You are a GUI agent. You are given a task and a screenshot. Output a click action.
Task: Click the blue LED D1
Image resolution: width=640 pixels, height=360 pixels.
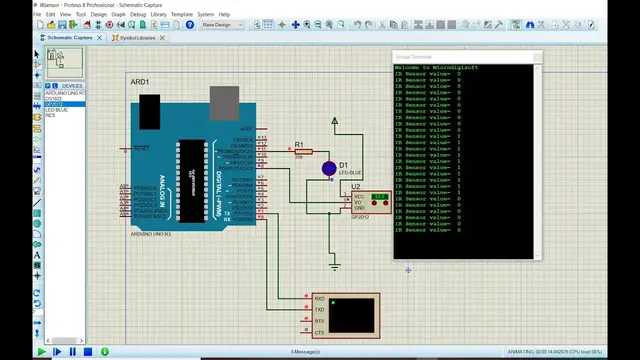pos(328,168)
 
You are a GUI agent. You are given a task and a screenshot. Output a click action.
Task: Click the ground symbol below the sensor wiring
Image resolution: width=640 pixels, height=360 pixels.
pos(335,266)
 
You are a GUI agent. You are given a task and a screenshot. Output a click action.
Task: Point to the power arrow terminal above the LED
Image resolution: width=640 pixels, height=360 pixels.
pos(335,121)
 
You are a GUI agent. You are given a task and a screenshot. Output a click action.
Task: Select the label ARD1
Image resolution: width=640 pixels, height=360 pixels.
pos(140,81)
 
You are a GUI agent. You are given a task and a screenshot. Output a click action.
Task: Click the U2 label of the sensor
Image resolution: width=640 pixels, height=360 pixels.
pos(356,186)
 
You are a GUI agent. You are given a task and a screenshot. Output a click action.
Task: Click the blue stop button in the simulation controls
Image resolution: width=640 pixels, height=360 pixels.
pos(88,352)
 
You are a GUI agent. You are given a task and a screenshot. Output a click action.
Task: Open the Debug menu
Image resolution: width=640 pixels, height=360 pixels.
pos(137,15)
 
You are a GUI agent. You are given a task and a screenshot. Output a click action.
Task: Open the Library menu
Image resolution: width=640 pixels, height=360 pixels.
pos(159,15)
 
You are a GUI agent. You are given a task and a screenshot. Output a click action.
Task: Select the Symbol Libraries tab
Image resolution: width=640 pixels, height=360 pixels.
pos(138,37)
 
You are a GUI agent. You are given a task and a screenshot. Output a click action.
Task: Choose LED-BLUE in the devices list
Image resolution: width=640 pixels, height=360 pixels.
pos(57,109)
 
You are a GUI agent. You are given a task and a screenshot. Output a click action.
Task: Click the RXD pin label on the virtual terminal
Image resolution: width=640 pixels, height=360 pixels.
pos(319,299)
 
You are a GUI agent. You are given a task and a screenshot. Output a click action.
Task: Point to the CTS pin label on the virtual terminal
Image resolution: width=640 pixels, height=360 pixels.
pos(319,332)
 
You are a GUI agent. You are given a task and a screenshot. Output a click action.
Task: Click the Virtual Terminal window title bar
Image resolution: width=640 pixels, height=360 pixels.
pos(466,57)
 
